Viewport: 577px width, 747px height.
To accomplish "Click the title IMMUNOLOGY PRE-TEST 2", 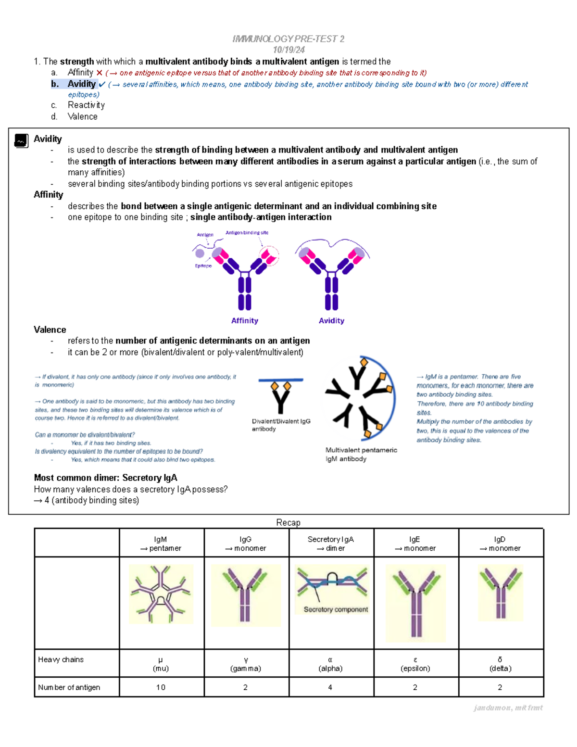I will pyautogui.click(x=288, y=39).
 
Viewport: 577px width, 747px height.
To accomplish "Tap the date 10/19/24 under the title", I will pyautogui.click(x=288, y=50).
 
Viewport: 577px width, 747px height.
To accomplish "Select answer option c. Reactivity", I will pyautogui.click(x=86, y=105).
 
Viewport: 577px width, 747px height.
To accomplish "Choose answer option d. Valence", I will pyautogui.click(x=82, y=116).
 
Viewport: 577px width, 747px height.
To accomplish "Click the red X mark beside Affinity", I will pyautogui.click(x=99, y=73).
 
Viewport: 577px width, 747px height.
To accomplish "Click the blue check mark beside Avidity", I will pyautogui.click(x=102, y=85).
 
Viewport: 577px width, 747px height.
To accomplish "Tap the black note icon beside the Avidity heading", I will pyautogui.click(x=21, y=140).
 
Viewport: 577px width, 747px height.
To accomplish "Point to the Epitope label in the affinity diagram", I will pyautogui.click(x=203, y=266).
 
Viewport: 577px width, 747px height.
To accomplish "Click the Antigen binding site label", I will pyautogui.click(x=247, y=233).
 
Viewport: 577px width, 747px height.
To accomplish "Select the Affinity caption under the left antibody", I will pyautogui.click(x=244, y=321).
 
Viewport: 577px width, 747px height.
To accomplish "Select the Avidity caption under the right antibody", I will pyautogui.click(x=331, y=321).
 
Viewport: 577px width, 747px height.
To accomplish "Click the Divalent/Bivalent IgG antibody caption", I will pyautogui.click(x=281, y=425).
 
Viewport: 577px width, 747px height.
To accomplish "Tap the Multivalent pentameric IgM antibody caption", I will pyautogui.click(x=361, y=455).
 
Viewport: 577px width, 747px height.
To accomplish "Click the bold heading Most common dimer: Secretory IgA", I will pyautogui.click(x=105, y=478).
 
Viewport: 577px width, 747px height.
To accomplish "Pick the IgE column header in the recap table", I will pyautogui.click(x=415, y=544).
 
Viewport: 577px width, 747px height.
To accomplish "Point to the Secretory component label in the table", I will pyautogui.click(x=336, y=609).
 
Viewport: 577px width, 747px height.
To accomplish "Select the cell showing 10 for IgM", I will pyautogui.click(x=161, y=687).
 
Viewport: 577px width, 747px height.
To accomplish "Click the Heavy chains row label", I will pyautogui.click(x=61, y=659).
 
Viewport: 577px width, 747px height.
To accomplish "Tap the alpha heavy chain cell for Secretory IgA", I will pyautogui.click(x=330, y=664).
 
